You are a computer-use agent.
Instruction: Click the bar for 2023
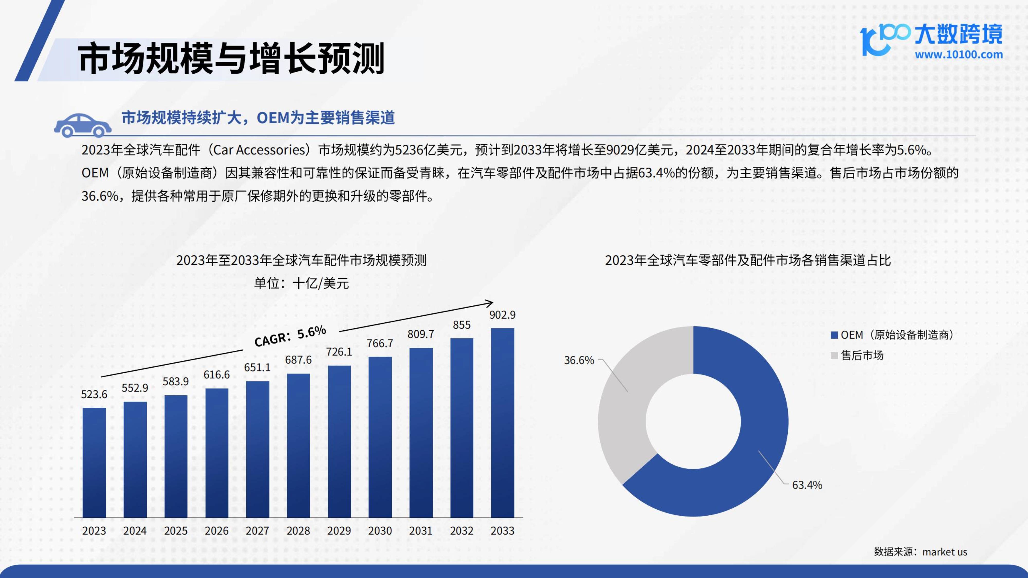94,463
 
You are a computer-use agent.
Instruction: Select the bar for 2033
502,423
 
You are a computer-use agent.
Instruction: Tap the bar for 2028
298,445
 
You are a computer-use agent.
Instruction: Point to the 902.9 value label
502,315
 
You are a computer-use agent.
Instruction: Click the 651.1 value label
258,367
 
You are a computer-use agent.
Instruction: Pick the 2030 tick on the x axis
380,531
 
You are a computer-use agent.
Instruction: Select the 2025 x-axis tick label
176,531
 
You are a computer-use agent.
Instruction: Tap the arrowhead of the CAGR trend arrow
490,303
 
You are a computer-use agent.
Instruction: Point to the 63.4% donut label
807,485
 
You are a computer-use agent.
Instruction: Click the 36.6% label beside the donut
579,360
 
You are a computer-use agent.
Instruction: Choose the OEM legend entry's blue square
834,335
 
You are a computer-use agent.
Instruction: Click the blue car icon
82,125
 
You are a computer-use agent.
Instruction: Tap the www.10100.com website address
959,55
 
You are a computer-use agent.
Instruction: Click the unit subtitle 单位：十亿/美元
301,283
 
